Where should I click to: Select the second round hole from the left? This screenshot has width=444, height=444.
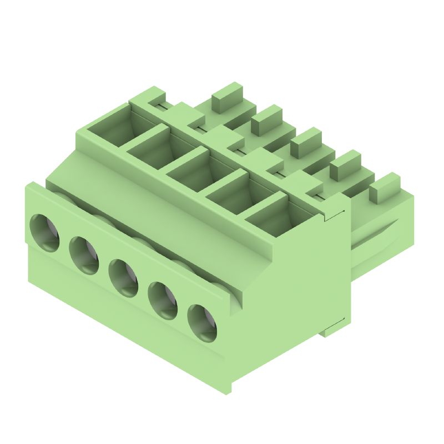click(84, 255)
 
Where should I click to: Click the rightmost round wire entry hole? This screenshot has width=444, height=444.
click(203, 322)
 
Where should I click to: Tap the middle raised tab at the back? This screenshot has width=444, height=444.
click(306, 141)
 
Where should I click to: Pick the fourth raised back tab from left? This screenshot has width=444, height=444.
click(345, 164)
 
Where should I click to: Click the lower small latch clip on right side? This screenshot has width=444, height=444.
click(335, 328)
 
